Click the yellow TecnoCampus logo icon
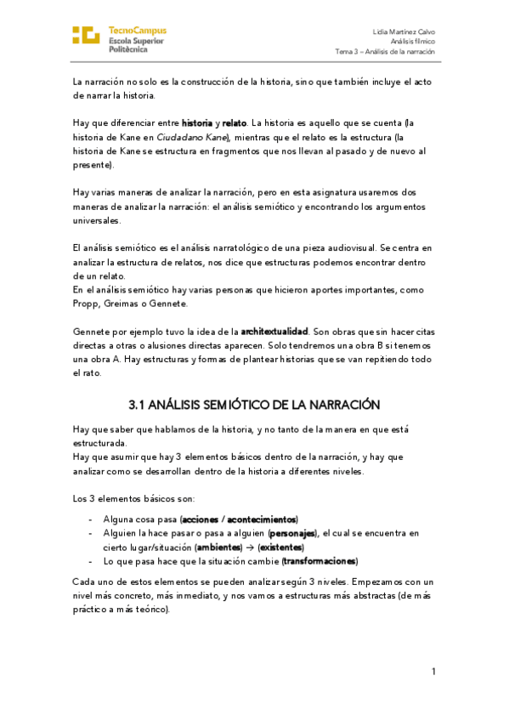86,35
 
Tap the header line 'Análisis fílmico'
413,41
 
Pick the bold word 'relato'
235,123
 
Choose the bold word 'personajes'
291,533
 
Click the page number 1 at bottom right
433,672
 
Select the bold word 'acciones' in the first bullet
200,519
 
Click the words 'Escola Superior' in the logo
137,40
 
